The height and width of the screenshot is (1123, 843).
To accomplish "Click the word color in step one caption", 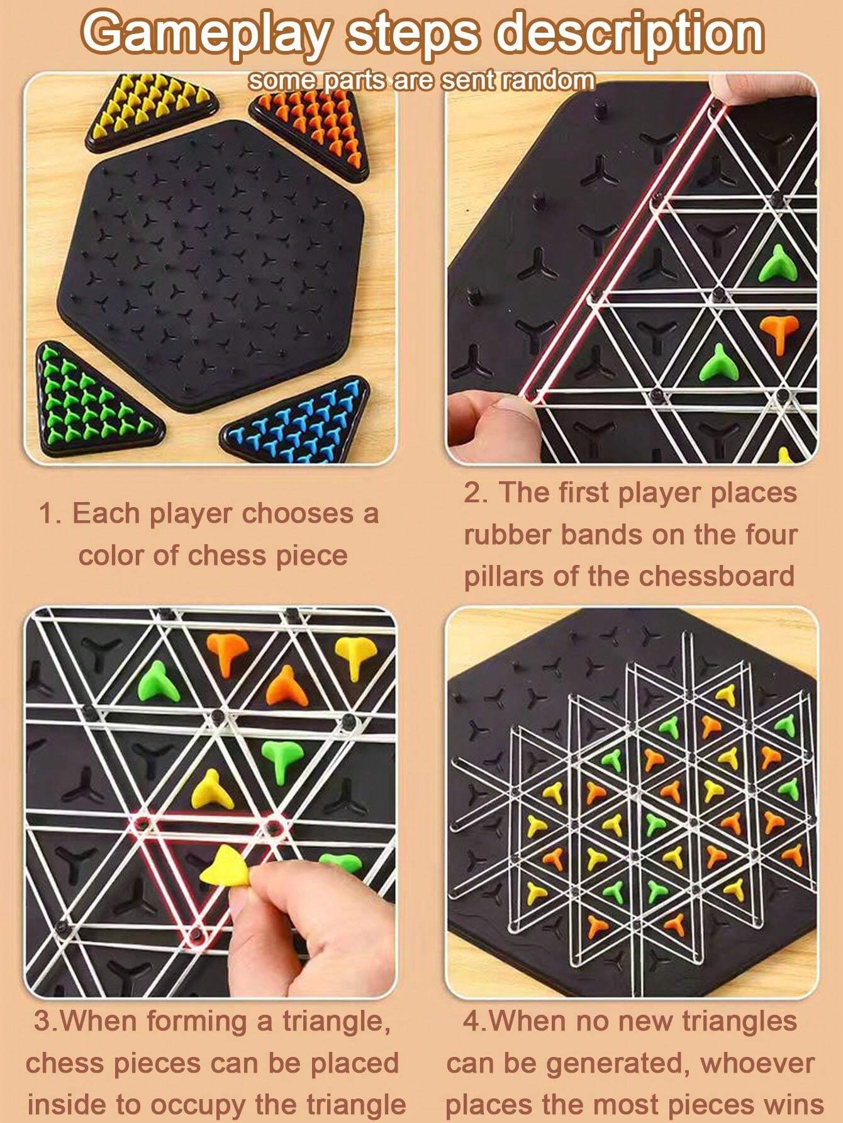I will tap(111, 556).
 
